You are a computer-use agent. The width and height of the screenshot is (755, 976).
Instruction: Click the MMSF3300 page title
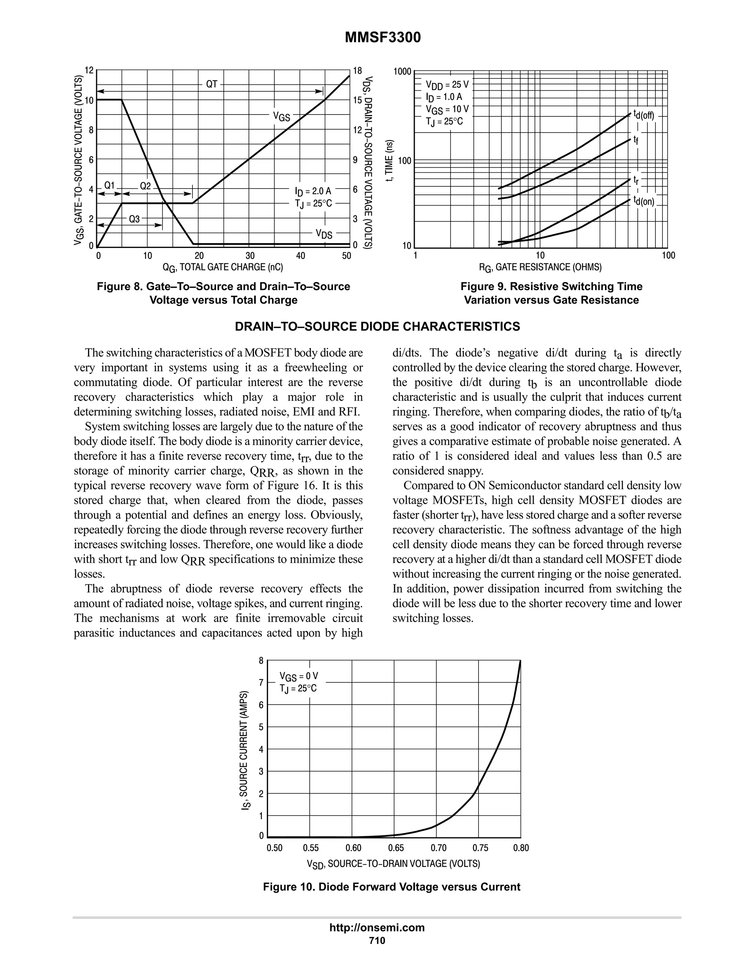(382, 38)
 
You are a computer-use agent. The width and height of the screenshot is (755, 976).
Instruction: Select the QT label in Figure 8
(212, 84)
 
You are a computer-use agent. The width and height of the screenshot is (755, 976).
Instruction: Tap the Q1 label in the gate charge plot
(109, 185)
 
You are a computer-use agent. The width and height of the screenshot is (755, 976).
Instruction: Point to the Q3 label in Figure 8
(134, 219)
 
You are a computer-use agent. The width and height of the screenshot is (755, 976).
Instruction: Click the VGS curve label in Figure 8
(282, 117)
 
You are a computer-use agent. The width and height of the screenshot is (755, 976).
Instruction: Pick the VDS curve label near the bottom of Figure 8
(324, 234)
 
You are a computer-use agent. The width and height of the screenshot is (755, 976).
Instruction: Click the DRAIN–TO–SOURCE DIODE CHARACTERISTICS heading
(377, 327)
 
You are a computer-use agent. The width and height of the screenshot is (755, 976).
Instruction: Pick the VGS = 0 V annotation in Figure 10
(299, 676)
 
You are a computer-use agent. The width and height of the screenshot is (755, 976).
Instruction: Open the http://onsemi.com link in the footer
(377, 927)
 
